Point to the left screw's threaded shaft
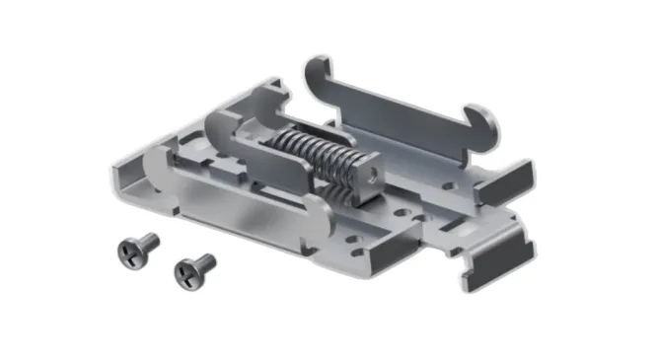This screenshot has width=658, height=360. [149, 240]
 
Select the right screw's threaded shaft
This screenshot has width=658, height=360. [207, 261]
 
